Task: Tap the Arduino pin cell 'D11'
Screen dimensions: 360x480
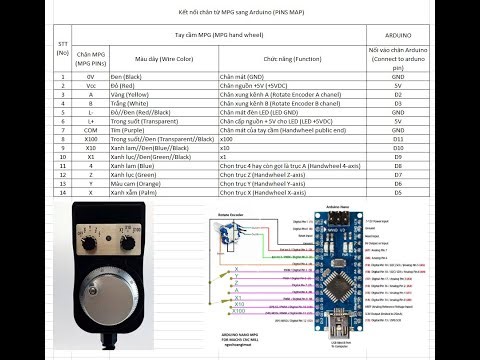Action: (398, 138)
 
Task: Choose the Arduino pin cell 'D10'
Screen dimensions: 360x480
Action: (398, 148)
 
